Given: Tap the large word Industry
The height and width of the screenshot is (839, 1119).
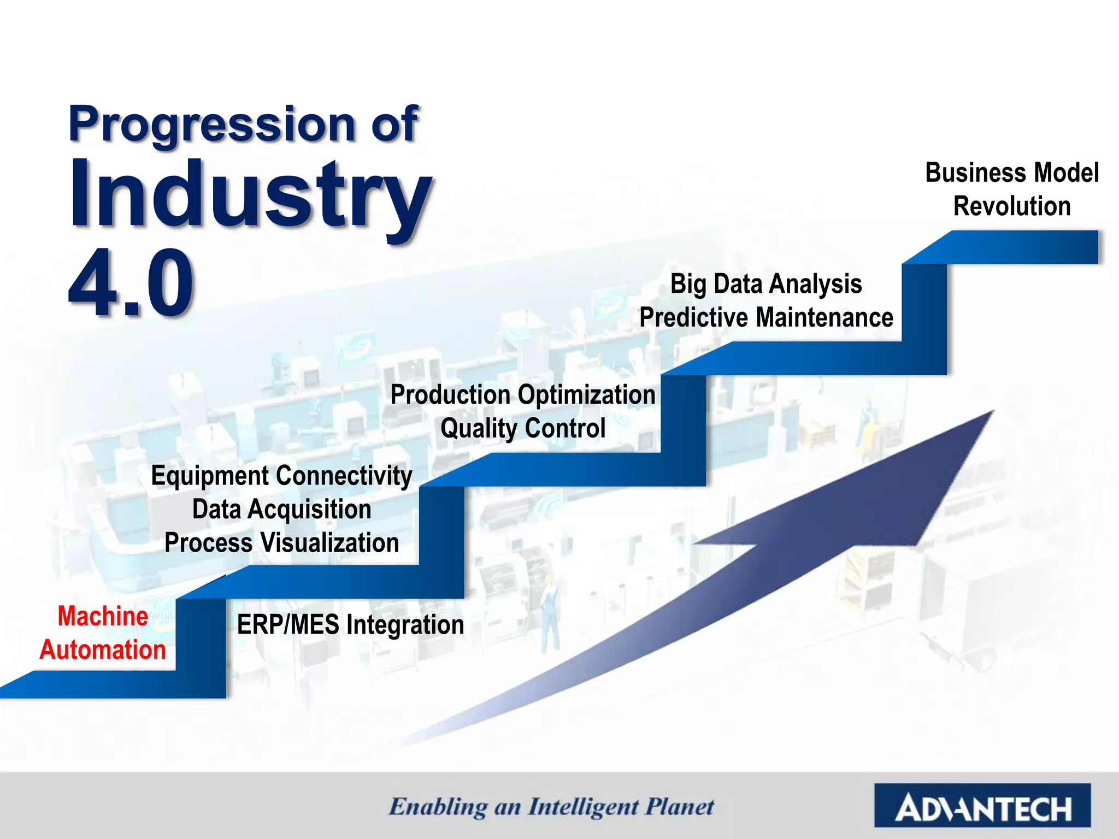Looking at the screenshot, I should point(250,196).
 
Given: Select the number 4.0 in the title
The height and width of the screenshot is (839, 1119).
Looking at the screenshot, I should point(131,283).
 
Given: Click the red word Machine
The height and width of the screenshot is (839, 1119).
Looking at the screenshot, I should point(103,616).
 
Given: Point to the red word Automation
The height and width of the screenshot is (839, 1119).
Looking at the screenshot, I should point(103,650).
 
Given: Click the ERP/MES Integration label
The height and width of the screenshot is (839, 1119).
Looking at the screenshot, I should point(350,624).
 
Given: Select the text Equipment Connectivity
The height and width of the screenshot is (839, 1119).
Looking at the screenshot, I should point(281,475).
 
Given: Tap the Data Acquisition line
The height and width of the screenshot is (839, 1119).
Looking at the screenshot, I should point(281,509).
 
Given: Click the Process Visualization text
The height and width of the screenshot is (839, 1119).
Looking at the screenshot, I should point(281,543).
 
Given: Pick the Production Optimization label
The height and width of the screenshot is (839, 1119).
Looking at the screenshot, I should point(523,394).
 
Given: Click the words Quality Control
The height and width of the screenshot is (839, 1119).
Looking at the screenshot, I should point(523,428).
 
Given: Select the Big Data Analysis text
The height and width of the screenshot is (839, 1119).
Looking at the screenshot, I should point(766,284).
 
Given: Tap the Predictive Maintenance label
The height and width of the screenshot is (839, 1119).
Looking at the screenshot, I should point(766,317).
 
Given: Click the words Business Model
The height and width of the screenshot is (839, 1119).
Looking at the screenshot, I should point(1012,173).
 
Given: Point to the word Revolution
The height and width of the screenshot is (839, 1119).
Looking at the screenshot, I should point(1012,206).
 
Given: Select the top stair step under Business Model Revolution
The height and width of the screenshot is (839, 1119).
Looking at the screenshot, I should point(1011,247).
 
